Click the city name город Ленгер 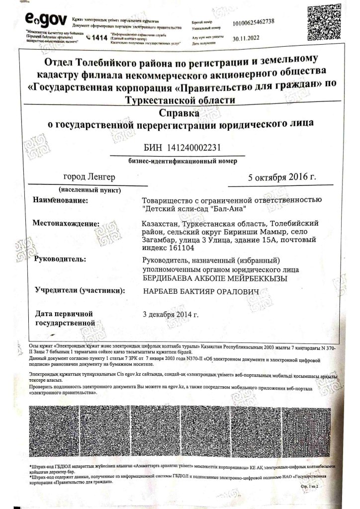point(90,177)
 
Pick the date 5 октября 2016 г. point(282,177)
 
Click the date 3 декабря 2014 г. point(171,314)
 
